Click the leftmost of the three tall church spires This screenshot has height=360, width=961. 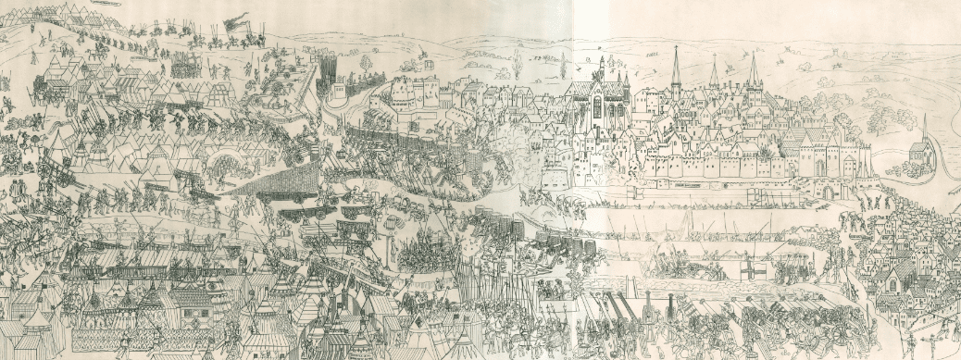coord(675,69)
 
